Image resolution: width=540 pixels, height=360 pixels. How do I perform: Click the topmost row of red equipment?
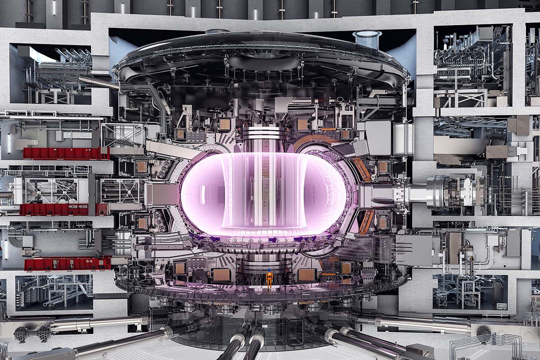66,153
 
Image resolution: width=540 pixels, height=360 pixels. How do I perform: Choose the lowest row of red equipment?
67,264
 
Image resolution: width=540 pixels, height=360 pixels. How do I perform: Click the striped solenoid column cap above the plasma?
263,133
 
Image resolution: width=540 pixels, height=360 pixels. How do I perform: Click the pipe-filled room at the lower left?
54,292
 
